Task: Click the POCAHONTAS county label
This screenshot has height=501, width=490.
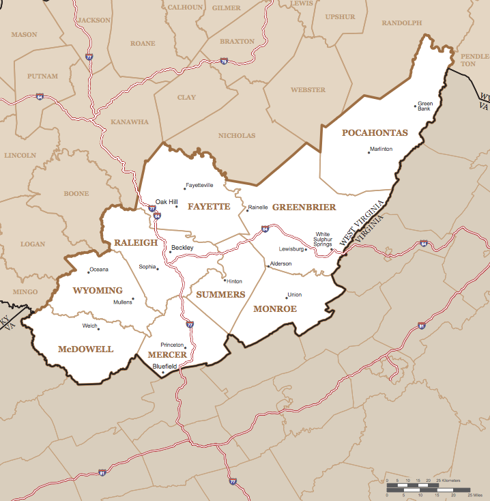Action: tap(374, 132)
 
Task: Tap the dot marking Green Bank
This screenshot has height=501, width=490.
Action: tap(416, 106)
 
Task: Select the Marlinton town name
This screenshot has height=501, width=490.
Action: tap(381, 149)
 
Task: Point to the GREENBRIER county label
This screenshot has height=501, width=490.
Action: tap(304, 207)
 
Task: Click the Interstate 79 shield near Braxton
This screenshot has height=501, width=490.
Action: tap(224, 61)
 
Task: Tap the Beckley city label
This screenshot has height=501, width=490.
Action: tap(182, 248)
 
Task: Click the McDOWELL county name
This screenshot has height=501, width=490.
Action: tap(85, 349)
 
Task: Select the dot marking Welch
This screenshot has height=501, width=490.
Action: tap(99, 329)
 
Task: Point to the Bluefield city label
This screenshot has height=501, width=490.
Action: tap(164, 367)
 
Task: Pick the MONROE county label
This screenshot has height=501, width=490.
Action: tap(275, 309)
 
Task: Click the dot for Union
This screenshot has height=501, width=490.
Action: tap(287, 298)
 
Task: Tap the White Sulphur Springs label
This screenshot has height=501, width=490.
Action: tap(323, 239)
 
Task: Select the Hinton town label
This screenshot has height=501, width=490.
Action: tap(234, 281)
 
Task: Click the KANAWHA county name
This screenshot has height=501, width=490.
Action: tap(130, 122)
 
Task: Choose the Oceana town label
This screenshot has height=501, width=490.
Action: tap(99, 269)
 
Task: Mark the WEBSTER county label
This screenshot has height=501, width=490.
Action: tap(308, 90)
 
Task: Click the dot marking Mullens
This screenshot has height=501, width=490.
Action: tap(133, 298)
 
